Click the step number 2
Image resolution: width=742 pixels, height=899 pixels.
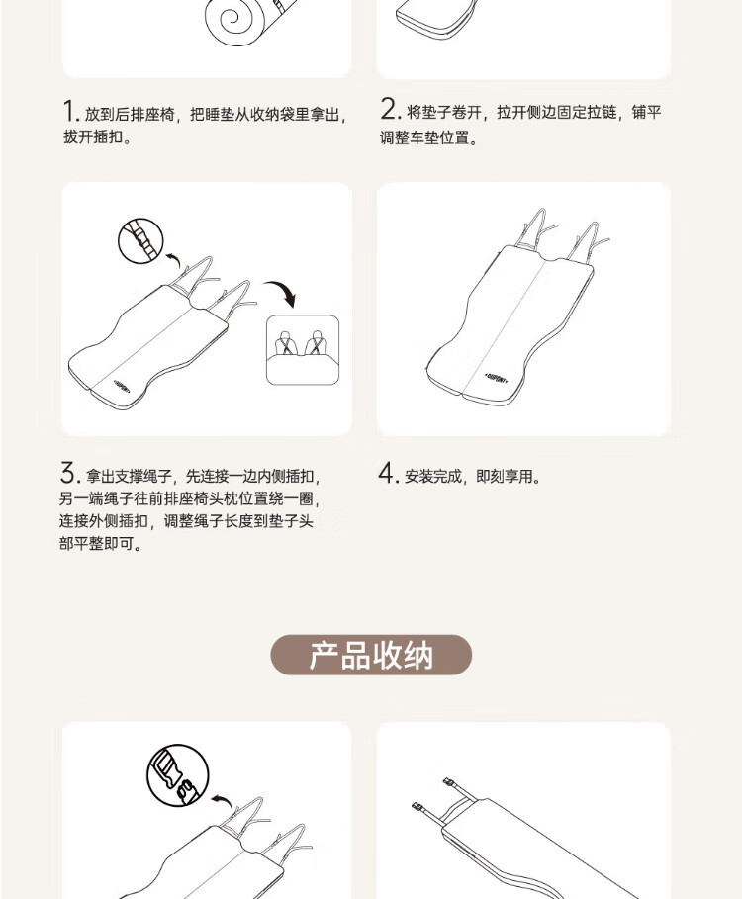388,109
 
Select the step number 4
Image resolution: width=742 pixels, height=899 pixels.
387,474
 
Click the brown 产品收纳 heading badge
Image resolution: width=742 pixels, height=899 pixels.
371,655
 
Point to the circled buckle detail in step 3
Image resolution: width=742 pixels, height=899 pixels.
141,240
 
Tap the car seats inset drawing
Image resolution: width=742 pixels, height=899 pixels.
303,350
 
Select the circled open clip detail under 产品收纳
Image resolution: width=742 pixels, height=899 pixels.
178,775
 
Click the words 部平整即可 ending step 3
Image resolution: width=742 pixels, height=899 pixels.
96,543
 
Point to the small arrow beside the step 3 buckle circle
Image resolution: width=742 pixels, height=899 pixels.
173,260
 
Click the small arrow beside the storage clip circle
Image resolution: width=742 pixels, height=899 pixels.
223,802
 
